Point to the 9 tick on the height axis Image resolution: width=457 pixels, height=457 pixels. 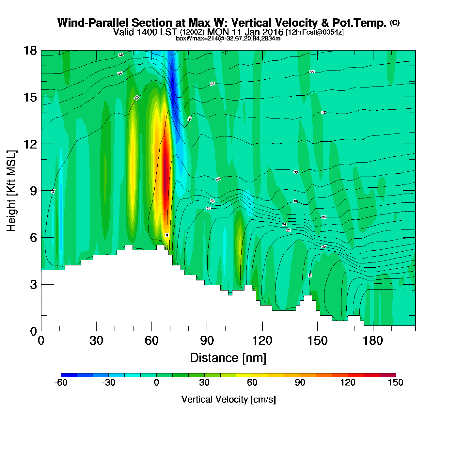tap(33, 191)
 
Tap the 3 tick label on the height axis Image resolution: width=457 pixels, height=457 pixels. tap(33, 285)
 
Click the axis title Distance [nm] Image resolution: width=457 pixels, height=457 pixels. tap(228, 358)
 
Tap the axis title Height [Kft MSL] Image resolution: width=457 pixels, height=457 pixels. tap(11, 191)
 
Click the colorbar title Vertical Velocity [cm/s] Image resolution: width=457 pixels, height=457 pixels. tap(228, 399)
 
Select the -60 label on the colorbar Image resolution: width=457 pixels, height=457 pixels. tap(61, 383)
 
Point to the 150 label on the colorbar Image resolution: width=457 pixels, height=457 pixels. tap(396, 383)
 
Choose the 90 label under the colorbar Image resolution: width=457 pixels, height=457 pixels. tap(300, 383)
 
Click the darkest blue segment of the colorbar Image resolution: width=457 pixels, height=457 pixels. tap(69, 375)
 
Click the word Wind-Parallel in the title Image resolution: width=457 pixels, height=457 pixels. tap(93, 23)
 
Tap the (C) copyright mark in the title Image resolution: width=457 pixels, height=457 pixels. tap(395, 23)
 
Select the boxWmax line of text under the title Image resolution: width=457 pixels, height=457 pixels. tap(228, 39)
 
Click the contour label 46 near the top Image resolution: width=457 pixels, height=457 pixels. tap(121, 55)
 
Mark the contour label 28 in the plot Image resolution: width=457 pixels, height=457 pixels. tap(310, 275)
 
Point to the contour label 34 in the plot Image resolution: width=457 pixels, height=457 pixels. tap(284, 224)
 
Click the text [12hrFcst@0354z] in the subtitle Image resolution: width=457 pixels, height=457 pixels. tap(315, 32)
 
